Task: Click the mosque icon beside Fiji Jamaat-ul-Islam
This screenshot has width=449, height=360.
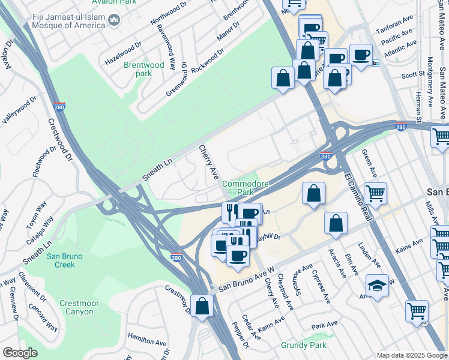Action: click(115, 22)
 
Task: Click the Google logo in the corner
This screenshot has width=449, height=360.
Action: click(20, 353)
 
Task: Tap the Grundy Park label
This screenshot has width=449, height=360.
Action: click(304, 345)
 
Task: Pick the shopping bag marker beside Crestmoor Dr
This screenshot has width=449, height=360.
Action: click(202, 305)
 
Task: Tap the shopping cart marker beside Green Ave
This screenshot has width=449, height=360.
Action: click(375, 193)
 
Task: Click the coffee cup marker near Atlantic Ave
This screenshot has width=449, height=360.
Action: click(361, 55)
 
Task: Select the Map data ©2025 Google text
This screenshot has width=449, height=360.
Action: click(411, 355)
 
